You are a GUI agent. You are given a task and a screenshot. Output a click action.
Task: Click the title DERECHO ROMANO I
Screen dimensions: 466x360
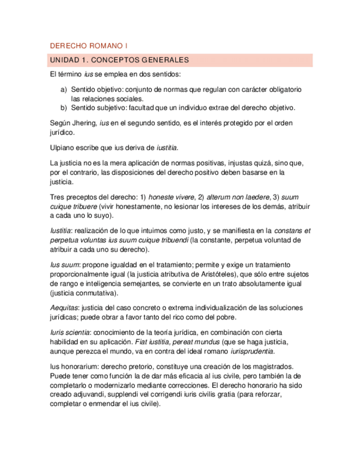pyautogui.click(x=88, y=46)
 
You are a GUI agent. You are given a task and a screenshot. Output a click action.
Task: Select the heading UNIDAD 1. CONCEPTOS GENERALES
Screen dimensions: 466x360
pyautogui.click(x=119, y=60)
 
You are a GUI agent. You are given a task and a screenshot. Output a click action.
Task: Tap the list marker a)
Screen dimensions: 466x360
pyautogui.click(x=63, y=89)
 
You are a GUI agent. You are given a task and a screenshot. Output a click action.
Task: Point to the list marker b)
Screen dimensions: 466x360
pyautogui.click(x=63, y=107)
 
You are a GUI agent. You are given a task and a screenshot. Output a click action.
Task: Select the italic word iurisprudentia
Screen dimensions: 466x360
pyautogui.click(x=253, y=351)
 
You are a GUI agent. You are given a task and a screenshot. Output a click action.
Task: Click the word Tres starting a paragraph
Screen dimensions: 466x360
pyautogui.click(x=57, y=197)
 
